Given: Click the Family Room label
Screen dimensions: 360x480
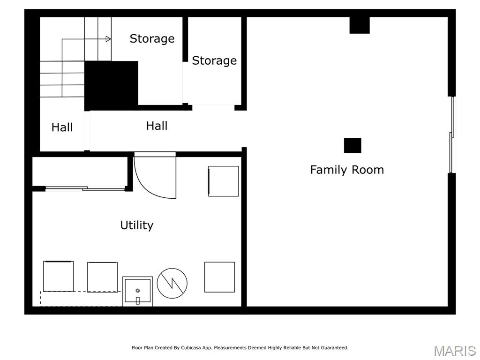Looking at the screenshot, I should [x=347, y=170].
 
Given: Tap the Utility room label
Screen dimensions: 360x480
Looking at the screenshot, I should [x=137, y=225].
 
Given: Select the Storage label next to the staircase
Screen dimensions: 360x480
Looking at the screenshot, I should [x=152, y=38].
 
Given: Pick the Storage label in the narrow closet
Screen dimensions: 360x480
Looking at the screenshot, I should [x=214, y=61].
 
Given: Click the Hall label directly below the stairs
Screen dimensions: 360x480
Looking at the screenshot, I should [x=62, y=127].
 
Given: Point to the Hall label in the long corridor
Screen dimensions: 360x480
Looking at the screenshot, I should [x=157, y=126].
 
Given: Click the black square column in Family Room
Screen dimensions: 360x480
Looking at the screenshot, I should [x=352, y=145].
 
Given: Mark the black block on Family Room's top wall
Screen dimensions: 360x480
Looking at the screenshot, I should [x=360, y=25].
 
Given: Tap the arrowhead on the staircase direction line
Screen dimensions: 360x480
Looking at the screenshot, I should [x=109, y=39].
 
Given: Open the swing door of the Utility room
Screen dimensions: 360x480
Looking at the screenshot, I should [x=155, y=176].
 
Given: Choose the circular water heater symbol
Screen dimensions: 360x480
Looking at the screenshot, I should [x=172, y=283].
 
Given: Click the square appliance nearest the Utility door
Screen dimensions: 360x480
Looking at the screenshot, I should [x=224, y=181].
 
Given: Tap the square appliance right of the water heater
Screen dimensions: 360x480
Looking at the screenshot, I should [x=219, y=277].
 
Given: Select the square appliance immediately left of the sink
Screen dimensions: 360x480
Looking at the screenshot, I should [x=102, y=277].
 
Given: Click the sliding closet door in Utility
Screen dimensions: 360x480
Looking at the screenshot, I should [x=85, y=189].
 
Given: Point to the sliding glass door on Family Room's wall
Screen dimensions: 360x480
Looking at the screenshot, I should [x=452, y=135].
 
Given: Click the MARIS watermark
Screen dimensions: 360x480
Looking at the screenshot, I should [x=454, y=351].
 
